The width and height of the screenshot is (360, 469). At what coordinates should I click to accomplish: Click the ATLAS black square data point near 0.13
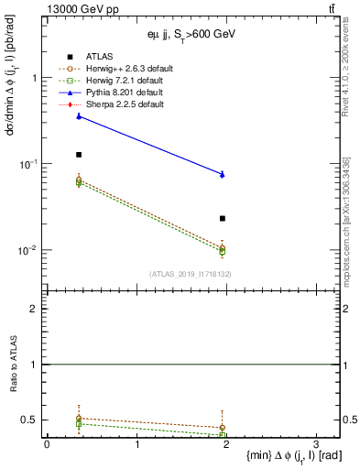pyautogui.click(x=79, y=155)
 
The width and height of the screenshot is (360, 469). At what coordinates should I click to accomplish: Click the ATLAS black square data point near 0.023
pyautogui.click(x=223, y=218)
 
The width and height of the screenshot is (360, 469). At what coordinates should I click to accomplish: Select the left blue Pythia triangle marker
pyautogui.click(x=79, y=116)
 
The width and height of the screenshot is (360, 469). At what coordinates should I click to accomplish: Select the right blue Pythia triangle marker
pyautogui.click(x=223, y=174)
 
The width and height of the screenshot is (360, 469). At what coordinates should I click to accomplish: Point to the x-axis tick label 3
pyautogui.click(x=315, y=445)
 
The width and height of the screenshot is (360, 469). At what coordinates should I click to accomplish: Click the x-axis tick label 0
pyautogui.click(x=47, y=445)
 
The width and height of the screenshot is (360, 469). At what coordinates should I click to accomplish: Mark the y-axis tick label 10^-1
pyautogui.click(x=27, y=164)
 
